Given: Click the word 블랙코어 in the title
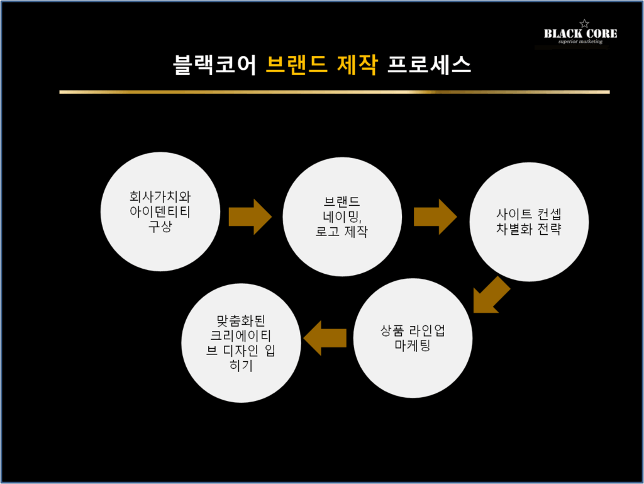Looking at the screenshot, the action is (x=214, y=65).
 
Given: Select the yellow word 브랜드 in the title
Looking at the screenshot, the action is (x=297, y=65).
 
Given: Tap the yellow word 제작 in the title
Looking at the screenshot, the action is (x=357, y=65).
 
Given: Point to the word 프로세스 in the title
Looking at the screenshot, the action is (x=429, y=65).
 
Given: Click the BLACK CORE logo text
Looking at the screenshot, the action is (x=580, y=34).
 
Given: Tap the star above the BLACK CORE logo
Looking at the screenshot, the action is (x=584, y=23).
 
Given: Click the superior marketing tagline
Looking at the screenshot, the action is (x=580, y=42).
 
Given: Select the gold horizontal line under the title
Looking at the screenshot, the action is (x=335, y=92).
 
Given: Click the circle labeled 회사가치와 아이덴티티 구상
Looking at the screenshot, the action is (x=160, y=211).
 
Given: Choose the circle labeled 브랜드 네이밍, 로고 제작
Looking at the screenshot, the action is (x=342, y=217).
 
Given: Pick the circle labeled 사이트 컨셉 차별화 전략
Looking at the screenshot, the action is (x=529, y=222).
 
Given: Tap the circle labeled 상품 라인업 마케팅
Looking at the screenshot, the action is (x=413, y=338).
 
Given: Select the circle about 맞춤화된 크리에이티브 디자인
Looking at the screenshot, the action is (x=241, y=343).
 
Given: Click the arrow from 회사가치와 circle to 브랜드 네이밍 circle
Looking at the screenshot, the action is (x=250, y=217).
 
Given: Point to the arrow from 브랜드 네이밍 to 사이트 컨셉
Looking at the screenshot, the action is (x=435, y=217).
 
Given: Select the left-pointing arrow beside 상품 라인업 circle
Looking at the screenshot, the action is (x=325, y=338).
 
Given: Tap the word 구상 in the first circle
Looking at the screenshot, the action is (x=160, y=227).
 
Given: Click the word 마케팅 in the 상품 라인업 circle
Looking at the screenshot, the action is (x=413, y=346).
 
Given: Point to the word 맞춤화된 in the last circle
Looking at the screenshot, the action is (x=241, y=321).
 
